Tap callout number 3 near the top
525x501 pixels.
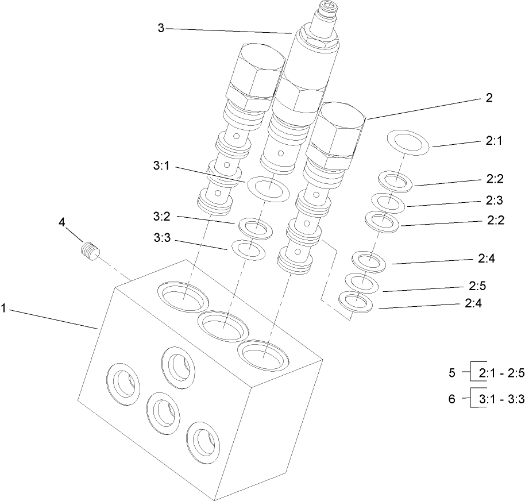pos(161,28)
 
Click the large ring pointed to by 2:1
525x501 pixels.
pos(409,142)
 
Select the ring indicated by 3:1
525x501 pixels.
pos(268,188)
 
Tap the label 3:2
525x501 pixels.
pos(161,217)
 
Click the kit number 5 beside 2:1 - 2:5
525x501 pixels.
pos(452,373)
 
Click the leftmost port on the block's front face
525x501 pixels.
pos(125,381)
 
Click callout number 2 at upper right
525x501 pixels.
pos(489,98)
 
